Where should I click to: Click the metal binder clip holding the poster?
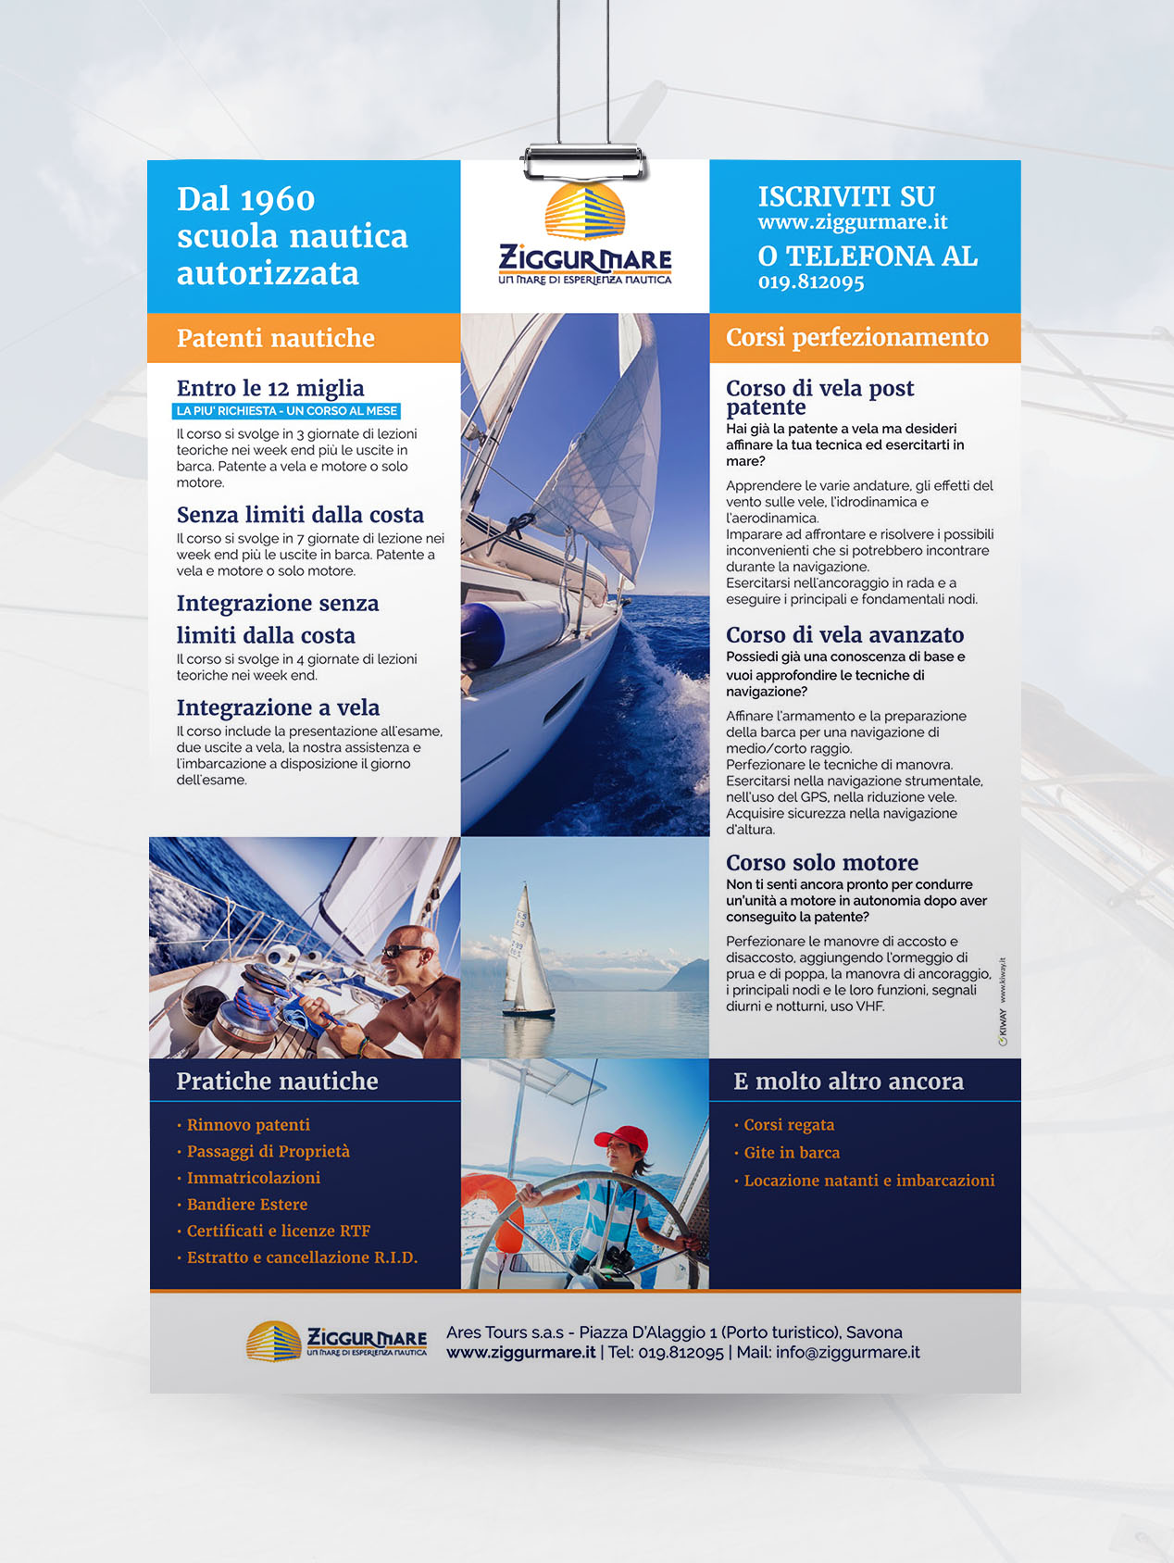584,161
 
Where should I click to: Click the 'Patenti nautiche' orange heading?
275,338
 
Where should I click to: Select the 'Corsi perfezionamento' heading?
856,337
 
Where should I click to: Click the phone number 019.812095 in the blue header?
811,282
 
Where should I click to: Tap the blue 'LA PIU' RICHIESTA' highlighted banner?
286,410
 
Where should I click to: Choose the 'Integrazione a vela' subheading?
278,707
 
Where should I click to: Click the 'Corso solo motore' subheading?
821,862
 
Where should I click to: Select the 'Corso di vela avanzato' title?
844,634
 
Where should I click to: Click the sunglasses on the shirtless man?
404,950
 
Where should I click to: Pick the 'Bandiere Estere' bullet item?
246,1204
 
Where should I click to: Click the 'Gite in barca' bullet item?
792,1153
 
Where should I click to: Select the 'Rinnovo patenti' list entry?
248,1125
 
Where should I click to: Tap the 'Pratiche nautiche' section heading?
277,1081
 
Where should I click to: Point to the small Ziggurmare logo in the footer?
336,1341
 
